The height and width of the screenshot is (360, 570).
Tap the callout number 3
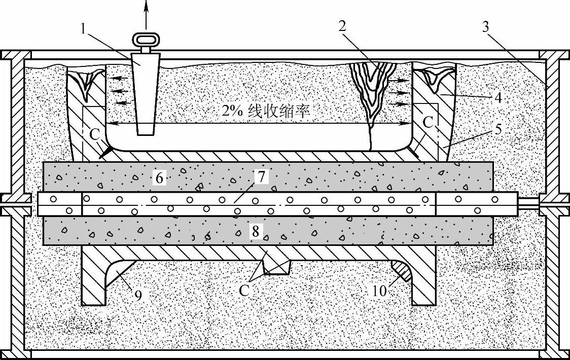[x=485, y=27]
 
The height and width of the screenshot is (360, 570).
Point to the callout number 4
[x=499, y=97]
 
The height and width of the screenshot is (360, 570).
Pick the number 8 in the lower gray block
[x=255, y=232]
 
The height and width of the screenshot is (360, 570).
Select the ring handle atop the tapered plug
[x=146, y=39]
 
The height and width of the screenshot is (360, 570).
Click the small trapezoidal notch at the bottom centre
[x=276, y=267]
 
